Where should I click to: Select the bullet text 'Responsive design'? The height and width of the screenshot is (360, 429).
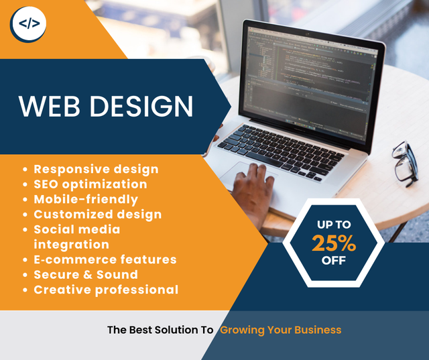point(96,169)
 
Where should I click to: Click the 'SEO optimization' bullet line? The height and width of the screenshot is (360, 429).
point(90,184)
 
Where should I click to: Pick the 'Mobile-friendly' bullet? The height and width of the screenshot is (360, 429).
point(86,199)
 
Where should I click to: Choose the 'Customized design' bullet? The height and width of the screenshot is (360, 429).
point(98,215)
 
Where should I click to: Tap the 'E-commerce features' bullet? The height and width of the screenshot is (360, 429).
point(105,259)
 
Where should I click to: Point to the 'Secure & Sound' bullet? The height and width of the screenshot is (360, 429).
point(86,275)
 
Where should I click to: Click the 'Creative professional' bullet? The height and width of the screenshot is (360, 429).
point(106,290)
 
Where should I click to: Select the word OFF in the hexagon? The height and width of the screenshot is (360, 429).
point(333,261)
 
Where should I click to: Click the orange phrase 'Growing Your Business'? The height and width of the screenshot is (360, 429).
point(281,330)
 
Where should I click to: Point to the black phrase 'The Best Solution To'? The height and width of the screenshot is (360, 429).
point(160,330)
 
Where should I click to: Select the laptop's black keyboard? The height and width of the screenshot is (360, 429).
point(282,149)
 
